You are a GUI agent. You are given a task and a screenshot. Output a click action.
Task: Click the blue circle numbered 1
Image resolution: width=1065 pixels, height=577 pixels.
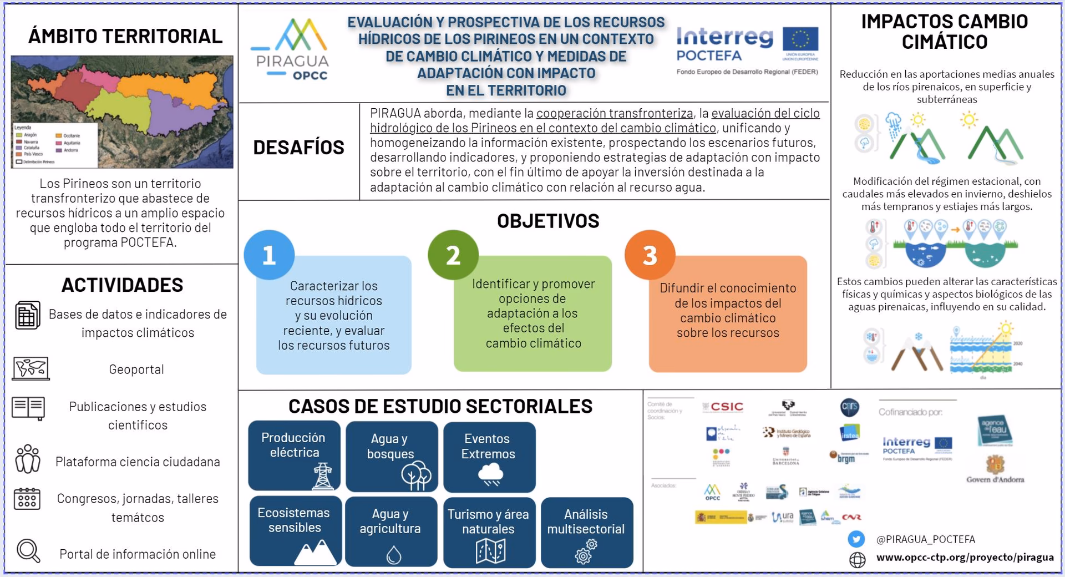[x=269, y=255]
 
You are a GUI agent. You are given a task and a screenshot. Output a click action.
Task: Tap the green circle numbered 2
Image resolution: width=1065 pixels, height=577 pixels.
[x=453, y=255]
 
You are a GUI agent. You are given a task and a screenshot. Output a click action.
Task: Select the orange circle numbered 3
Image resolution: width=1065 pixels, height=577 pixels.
[x=650, y=255]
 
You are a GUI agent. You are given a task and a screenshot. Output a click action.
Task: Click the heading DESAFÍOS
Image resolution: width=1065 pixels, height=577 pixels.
[x=298, y=148]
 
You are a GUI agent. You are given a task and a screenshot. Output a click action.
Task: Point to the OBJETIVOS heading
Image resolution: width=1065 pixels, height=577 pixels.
[x=548, y=221]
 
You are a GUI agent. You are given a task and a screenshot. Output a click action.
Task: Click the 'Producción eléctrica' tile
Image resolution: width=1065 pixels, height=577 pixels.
[x=294, y=455]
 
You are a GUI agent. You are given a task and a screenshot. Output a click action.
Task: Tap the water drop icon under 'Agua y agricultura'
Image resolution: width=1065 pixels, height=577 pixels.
[x=393, y=554]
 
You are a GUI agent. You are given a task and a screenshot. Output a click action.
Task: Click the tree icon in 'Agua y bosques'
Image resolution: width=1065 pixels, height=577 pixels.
[x=416, y=476]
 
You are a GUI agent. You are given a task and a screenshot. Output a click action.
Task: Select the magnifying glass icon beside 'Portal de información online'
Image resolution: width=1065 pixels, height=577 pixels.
[x=28, y=551]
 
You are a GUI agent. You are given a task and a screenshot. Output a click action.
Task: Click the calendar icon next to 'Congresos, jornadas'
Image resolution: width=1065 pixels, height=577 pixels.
[x=27, y=498]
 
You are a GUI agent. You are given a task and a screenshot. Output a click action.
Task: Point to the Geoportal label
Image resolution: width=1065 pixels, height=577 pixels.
[x=136, y=370]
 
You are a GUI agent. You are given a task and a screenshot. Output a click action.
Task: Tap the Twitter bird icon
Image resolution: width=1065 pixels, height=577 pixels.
[x=856, y=539]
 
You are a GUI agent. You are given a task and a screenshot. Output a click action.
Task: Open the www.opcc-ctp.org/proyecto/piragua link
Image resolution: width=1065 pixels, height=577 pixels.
[x=965, y=558]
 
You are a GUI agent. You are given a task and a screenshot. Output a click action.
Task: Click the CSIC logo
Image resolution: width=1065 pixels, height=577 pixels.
[x=723, y=407]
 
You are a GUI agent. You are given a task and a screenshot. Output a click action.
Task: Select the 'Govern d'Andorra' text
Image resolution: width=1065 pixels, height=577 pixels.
[x=995, y=479]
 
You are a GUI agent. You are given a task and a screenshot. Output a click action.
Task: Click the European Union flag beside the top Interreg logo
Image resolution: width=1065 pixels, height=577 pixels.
[x=800, y=40]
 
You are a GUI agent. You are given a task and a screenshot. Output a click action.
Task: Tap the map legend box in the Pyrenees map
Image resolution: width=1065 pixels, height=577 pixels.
[x=54, y=144]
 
